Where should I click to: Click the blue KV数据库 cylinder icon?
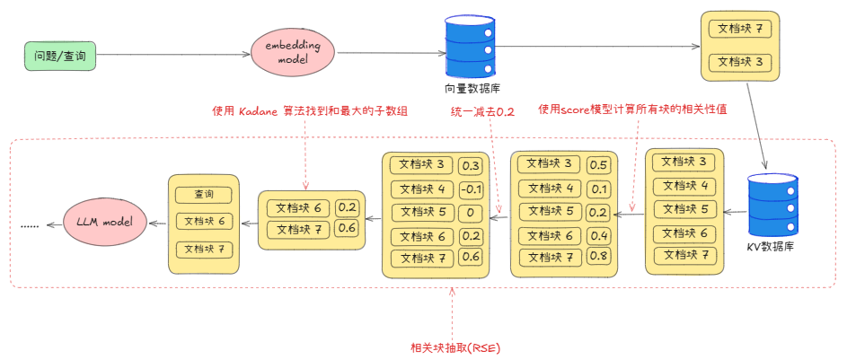tap(772, 206)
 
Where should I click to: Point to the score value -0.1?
tap(470, 189)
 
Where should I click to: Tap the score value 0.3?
tap(470, 166)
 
